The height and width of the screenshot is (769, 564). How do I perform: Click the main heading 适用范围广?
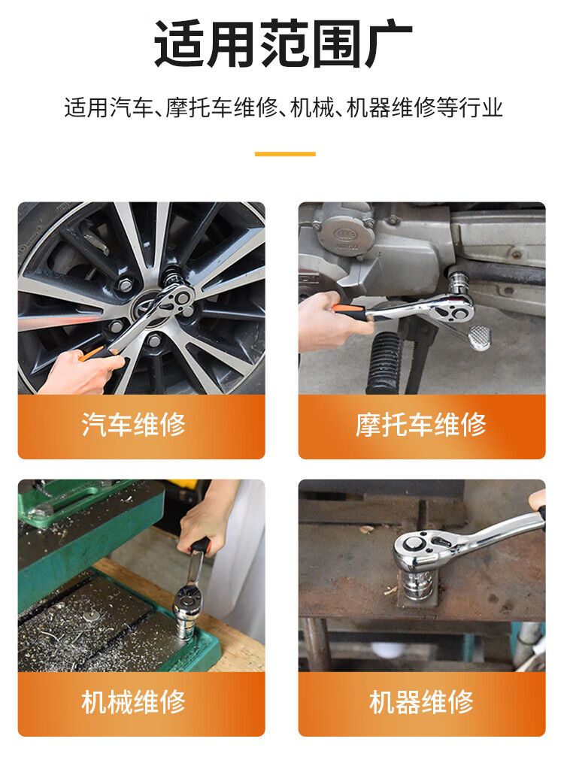(x=283, y=44)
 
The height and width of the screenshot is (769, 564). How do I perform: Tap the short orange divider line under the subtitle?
(x=285, y=154)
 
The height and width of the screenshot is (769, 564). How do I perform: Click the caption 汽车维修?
(x=133, y=424)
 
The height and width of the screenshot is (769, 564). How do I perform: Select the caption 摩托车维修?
(x=421, y=424)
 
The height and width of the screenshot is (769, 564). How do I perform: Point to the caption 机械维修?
(x=133, y=702)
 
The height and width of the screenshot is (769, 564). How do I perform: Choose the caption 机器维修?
(x=421, y=702)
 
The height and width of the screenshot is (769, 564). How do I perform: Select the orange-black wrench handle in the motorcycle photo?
(x=350, y=312)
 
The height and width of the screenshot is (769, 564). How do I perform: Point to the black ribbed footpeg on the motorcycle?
(x=384, y=362)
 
